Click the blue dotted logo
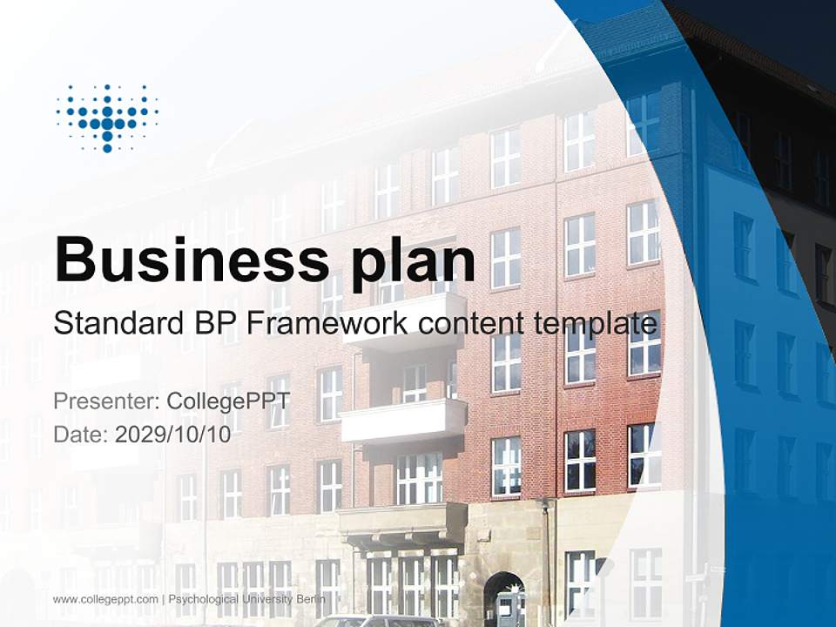107,118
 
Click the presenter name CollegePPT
227,401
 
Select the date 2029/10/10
173,434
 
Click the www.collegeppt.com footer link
105,599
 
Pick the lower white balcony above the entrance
403,421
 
